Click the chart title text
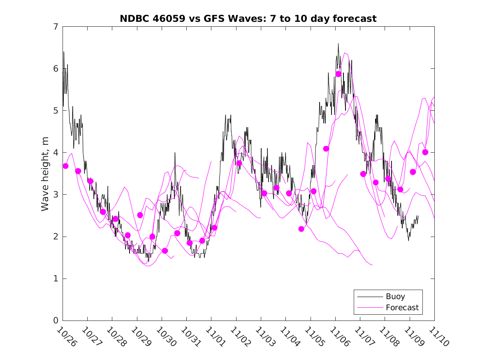click(x=248, y=19)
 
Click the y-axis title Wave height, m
click(x=45, y=174)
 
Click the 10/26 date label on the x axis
click(x=66, y=337)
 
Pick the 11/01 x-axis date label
click(x=215, y=337)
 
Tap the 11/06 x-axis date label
click(x=339, y=337)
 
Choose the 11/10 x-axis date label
click(x=438, y=337)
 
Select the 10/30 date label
click(x=165, y=337)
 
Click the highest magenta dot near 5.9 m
click(x=339, y=74)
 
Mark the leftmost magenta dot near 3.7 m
click(x=65, y=166)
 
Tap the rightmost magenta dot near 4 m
click(x=425, y=152)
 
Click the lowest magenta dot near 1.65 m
click(x=165, y=251)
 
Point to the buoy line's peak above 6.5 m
click(x=338, y=44)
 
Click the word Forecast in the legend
click(x=402, y=307)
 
